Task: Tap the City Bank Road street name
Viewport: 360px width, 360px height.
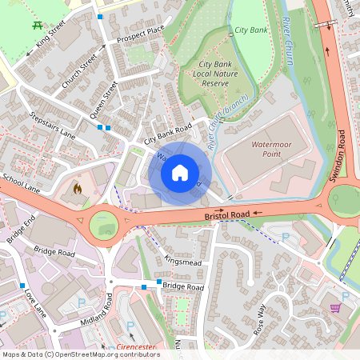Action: tap(168, 134)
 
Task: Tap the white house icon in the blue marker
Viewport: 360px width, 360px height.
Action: tap(180, 172)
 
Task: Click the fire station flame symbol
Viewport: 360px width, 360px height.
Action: tap(77, 189)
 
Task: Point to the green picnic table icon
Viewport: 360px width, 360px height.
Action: tap(38, 25)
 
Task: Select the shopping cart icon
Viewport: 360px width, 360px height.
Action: tap(334, 307)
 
